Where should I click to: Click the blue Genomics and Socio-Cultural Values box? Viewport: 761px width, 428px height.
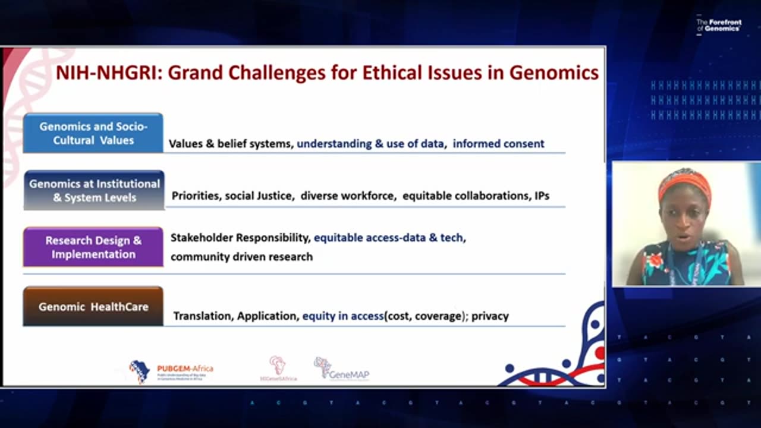pyautogui.click(x=93, y=133)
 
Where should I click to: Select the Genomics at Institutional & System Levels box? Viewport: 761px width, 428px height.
pyautogui.click(x=94, y=190)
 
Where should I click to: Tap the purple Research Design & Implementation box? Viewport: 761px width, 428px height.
pyautogui.click(x=93, y=247)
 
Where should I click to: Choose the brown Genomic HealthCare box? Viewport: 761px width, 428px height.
pyautogui.click(x=93, y=307)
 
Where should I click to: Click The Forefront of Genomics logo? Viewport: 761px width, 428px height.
pyautogui.click(x=719, y=25)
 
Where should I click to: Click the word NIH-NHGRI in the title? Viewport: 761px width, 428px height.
pyautogui.click(x=108, y=73)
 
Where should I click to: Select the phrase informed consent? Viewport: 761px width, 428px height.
pyautogui.click(x=498, y=143)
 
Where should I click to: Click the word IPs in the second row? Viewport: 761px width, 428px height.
pyautogui.click(x=542, y=196)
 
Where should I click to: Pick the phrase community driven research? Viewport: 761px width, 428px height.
pyautogui.click(x=241, y=257)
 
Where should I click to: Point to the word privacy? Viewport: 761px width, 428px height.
pyautogui.click(x=490, y=316)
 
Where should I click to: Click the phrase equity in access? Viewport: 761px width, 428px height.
pyautogui.click(x=342, y=316)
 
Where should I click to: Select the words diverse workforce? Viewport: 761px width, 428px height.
pyautogui.click(x=348, y=196)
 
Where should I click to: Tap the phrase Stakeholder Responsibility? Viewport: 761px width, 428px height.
pyautogui.click(x=240, y=238)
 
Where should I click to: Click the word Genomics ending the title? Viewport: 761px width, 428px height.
pyautogui.click(x=554, y=73)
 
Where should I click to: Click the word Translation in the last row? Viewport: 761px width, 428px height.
pyautogui.click(x=202, y=316)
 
